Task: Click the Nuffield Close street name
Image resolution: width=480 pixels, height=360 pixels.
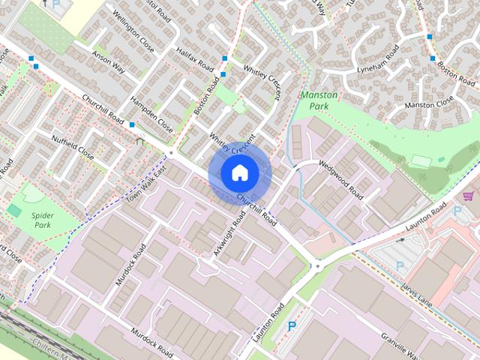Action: [73, 148]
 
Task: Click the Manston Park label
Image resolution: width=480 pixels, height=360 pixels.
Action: [318, 101]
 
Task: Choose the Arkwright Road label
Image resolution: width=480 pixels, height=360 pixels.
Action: [229, 233]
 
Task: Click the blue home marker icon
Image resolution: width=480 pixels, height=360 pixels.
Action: [239, 173]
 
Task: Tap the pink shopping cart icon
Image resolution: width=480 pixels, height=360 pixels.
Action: [469, 196]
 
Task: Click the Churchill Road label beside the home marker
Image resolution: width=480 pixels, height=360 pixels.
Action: [257, 210]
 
